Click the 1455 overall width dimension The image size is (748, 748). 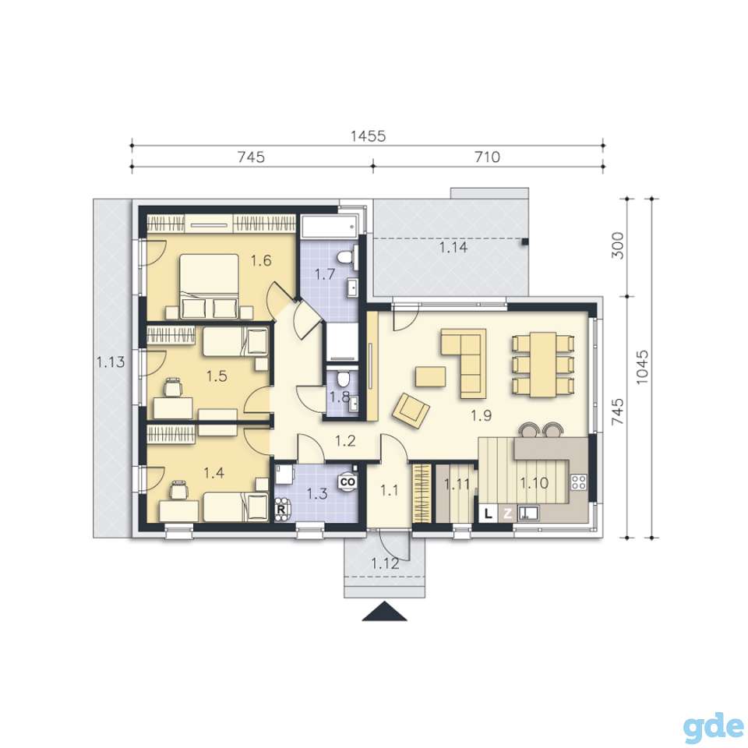[368, 136]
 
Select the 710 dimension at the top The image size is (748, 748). [487, 157]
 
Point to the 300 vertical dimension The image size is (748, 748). [617, 245]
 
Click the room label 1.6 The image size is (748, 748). [262, 260]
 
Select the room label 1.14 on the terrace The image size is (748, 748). [453, 247]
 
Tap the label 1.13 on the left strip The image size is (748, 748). [111, 362]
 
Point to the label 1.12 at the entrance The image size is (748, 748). [385, 563]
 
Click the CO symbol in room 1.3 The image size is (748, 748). [348, 482]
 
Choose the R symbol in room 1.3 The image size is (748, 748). [281, 509]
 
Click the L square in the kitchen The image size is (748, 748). [488, 513]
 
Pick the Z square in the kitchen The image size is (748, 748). [508, 513]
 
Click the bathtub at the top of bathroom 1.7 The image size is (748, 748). [329, 226]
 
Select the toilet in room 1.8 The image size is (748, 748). [341, 379]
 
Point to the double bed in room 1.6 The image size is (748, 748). [210, 285]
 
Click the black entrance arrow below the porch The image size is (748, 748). [384, 612]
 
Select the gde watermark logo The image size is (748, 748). [713, 725]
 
